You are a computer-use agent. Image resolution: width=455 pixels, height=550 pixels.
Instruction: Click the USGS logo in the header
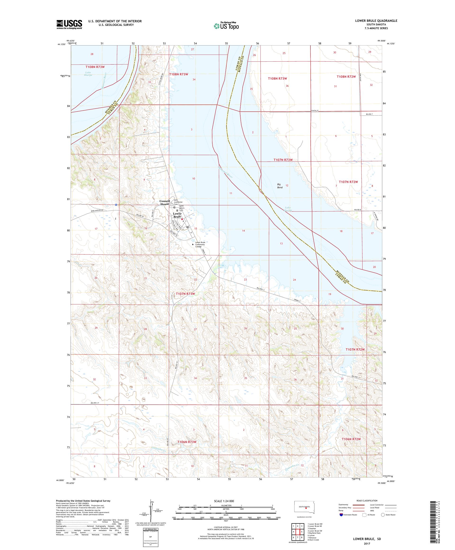tap(69, 24)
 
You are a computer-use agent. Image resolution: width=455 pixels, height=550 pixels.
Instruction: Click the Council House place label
tap(165, 202)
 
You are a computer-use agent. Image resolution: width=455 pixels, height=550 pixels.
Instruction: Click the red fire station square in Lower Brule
tap(182, 220)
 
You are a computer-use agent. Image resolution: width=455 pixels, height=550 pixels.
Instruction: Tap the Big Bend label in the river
tap(280, 186)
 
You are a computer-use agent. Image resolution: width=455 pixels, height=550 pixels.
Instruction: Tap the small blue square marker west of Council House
tap(116, 205)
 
